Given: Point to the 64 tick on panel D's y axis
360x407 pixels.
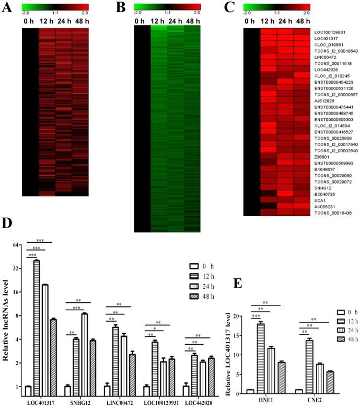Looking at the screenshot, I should coord(16,245).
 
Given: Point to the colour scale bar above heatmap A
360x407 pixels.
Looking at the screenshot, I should coord(55,7).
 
